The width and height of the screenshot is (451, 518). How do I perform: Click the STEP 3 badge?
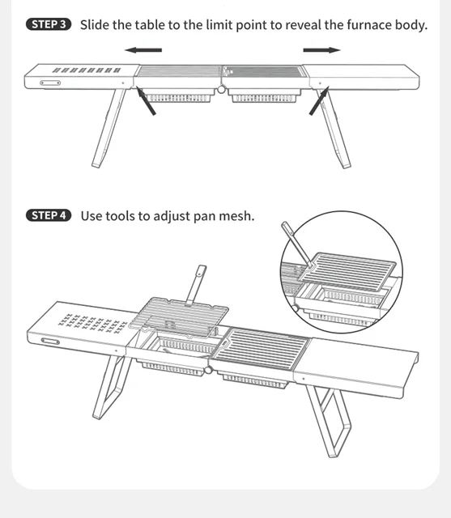pyautogui.click(x=49, y=24)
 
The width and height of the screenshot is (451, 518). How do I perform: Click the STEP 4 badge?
pyautogui.click(x=49, y=215)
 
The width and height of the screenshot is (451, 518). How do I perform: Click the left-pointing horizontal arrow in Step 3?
pyautogui.click(x=143, y=50)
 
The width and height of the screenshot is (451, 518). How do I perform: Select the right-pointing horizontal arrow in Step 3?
pyautogui.click(x=321, y=50)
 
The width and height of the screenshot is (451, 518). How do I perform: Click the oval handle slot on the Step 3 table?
pyautogui.click(x=50, y=83)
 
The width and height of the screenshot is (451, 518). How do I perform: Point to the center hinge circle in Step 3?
pyautogui.click(x=221, y=89)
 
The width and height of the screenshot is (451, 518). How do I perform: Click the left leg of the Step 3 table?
pyautogui.click(x=108, y=128)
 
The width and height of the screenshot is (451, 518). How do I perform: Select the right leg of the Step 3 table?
pyautogui.click(x=334, y=129)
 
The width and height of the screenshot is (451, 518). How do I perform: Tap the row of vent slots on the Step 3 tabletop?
pyautogui.click(x=87, y=70)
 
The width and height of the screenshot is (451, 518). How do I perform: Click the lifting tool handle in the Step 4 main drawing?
pyautogui.click(x=196, y=285)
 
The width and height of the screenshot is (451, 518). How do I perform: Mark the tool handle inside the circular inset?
pyautogui.click(x=296, y=244)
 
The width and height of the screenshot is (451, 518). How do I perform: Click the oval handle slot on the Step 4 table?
pyautogui.click(x=50, y=342)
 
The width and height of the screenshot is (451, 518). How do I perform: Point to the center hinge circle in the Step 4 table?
pyautogui.click(x=208, y=370)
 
